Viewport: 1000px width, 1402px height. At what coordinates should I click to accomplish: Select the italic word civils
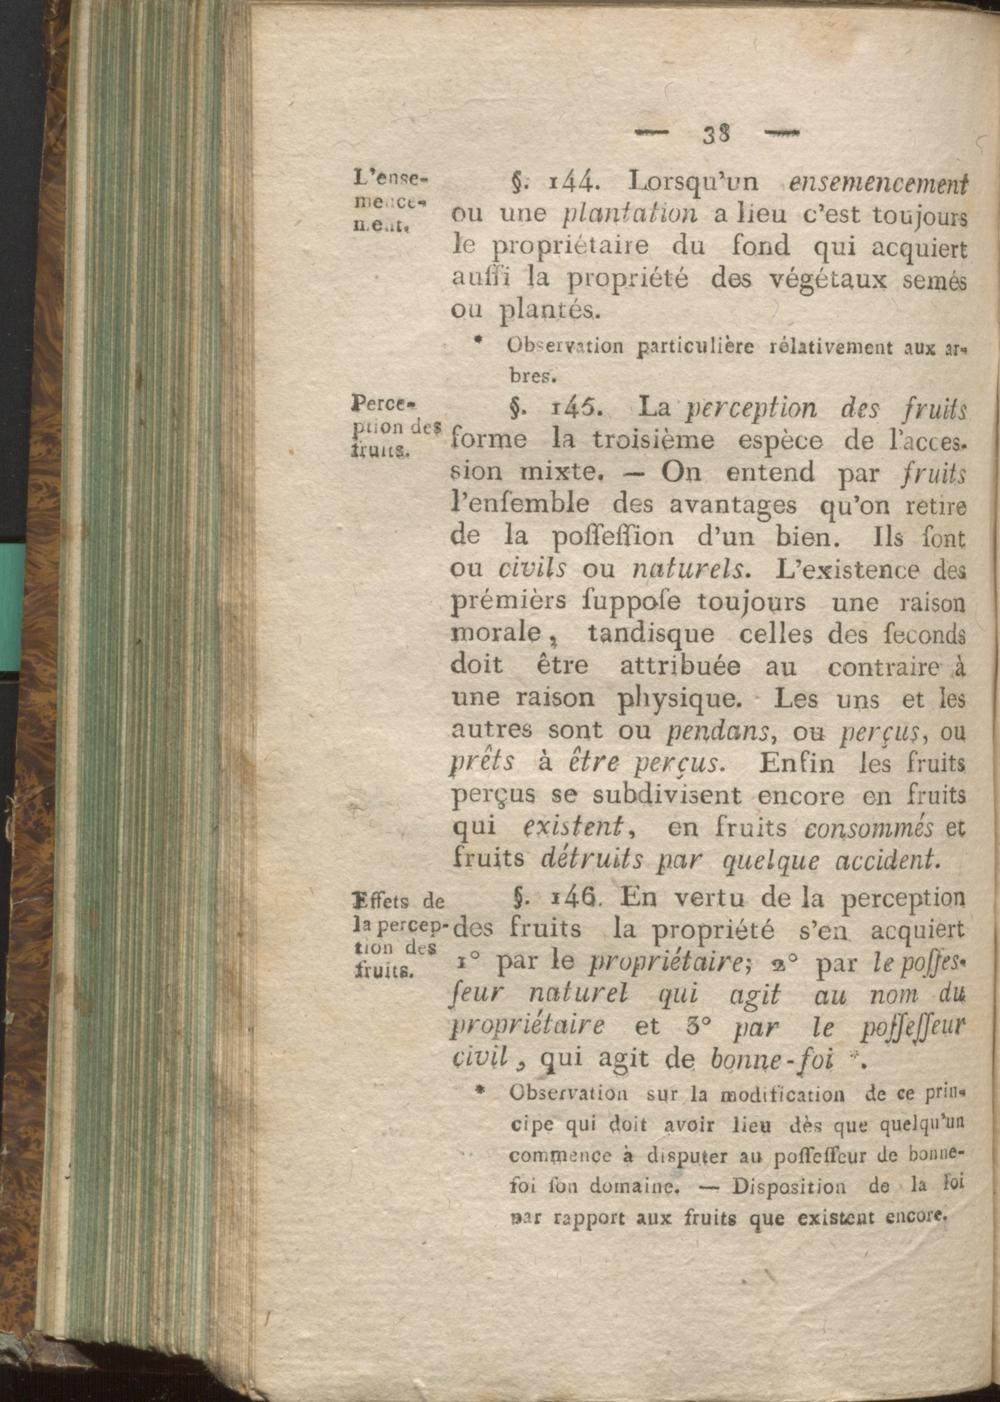pyautogui.click(x=532, y=569)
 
